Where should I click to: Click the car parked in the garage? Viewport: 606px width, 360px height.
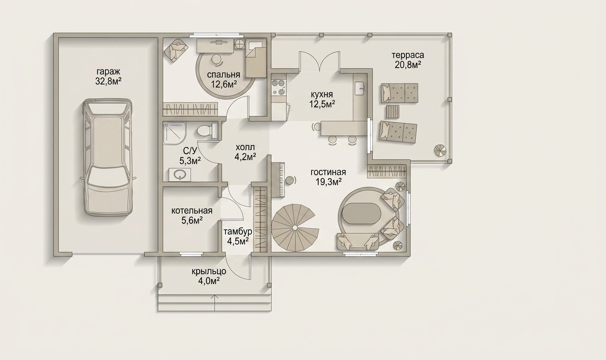pos(108,157)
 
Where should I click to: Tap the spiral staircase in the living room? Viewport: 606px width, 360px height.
pos(295,228)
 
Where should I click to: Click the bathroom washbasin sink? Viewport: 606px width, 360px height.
pos(179,174)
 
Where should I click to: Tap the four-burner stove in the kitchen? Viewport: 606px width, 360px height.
pos(279,87)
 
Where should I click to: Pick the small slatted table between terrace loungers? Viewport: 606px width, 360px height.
pos(393,111)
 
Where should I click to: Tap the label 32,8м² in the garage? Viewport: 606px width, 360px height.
pos(108,81)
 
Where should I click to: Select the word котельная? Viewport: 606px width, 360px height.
pos(192,211)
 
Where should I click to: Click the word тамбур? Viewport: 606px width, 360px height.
pos(238,232)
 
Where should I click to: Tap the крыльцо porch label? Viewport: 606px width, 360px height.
pos(209,271)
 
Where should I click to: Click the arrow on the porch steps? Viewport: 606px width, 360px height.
pos(215,302)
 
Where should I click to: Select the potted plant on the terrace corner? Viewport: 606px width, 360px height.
pos(439,151)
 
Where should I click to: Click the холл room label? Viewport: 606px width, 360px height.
pos(245,148)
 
